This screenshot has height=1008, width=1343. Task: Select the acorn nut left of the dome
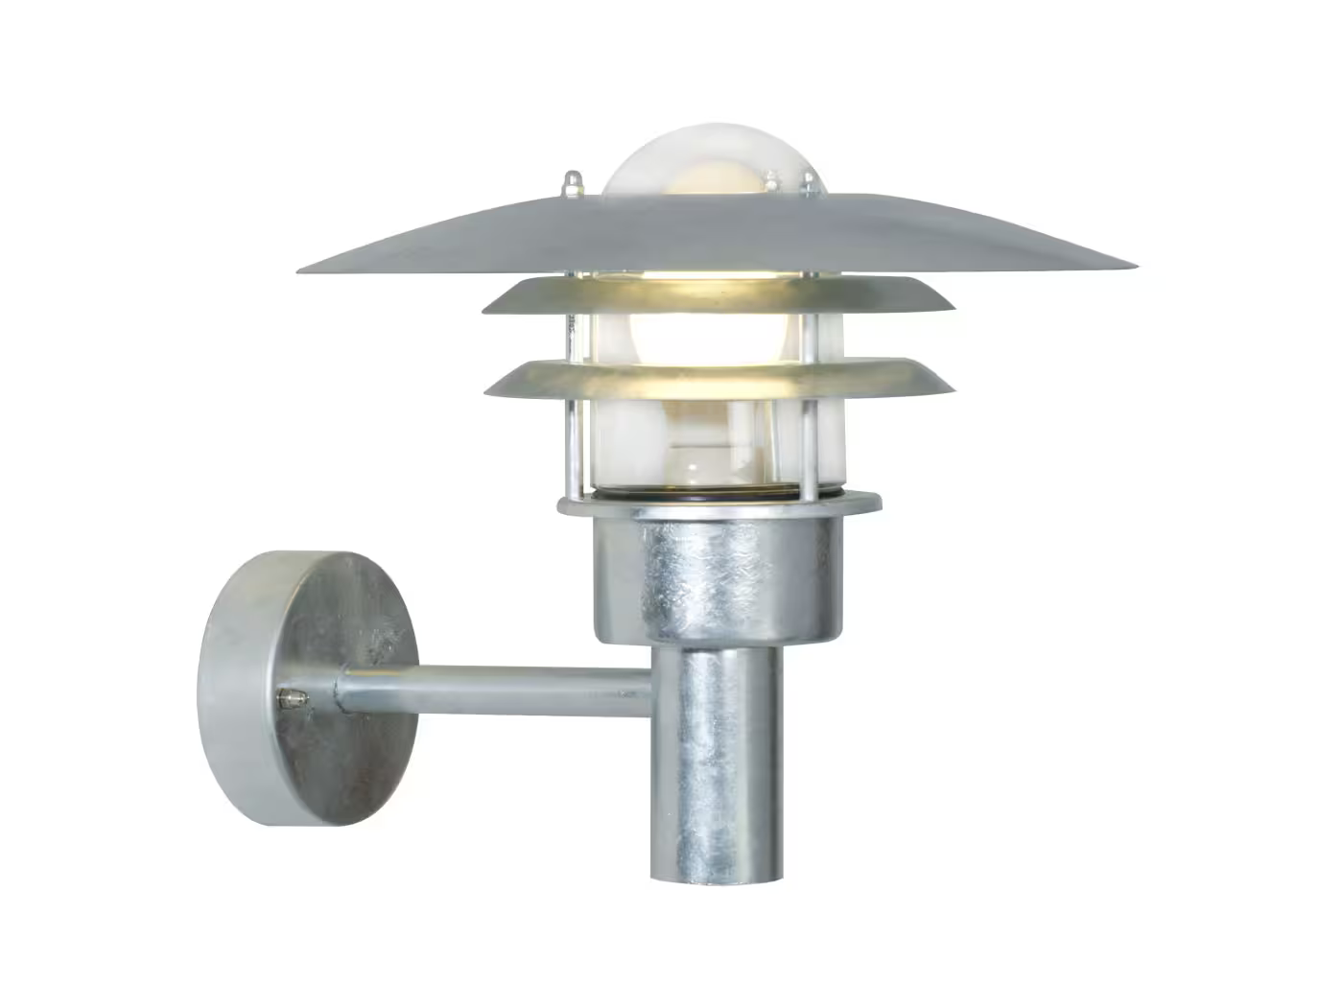(599, 181)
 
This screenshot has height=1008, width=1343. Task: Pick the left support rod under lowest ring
(573, 446)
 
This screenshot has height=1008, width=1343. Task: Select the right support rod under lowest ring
(815, 446)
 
